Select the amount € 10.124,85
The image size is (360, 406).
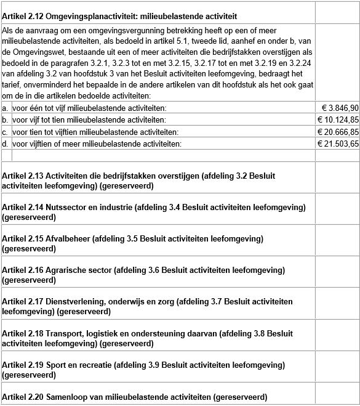coord(338,120)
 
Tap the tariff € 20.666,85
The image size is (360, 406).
coord(338,132)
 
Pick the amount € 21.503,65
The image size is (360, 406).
coord(338,144)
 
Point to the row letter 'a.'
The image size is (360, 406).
coord(5,108)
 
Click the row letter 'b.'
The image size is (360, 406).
coord(5,120)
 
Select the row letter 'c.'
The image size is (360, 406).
coord(5,132)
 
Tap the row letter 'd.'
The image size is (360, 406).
coord(5,144)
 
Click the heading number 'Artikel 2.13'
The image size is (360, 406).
coord(23,176)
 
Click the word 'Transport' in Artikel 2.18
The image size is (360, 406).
coord(64,333)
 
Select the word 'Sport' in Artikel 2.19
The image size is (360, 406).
coord(56,365)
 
